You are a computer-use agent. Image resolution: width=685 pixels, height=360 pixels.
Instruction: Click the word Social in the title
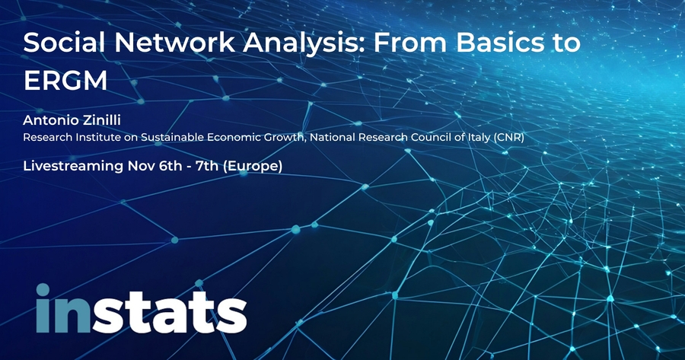64,43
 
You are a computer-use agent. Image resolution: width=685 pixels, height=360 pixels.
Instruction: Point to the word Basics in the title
494,43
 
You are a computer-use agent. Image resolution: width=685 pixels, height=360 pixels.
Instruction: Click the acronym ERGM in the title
65,80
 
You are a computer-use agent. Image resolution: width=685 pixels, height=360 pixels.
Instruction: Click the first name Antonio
51,119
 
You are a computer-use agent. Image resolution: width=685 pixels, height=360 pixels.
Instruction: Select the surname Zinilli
102,119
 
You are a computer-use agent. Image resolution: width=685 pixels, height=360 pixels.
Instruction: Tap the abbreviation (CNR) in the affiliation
509,137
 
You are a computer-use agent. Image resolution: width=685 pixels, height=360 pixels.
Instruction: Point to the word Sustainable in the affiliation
173,137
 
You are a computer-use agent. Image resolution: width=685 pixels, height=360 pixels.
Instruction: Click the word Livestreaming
73,166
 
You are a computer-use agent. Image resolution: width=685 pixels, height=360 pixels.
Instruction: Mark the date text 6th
170,166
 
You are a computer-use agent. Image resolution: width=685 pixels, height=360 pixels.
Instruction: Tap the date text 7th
207,166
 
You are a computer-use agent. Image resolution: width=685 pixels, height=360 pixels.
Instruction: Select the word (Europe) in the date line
253,167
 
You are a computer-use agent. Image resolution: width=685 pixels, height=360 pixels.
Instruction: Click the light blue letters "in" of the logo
63,308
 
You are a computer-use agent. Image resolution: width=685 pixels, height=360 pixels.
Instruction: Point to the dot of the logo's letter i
43,290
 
